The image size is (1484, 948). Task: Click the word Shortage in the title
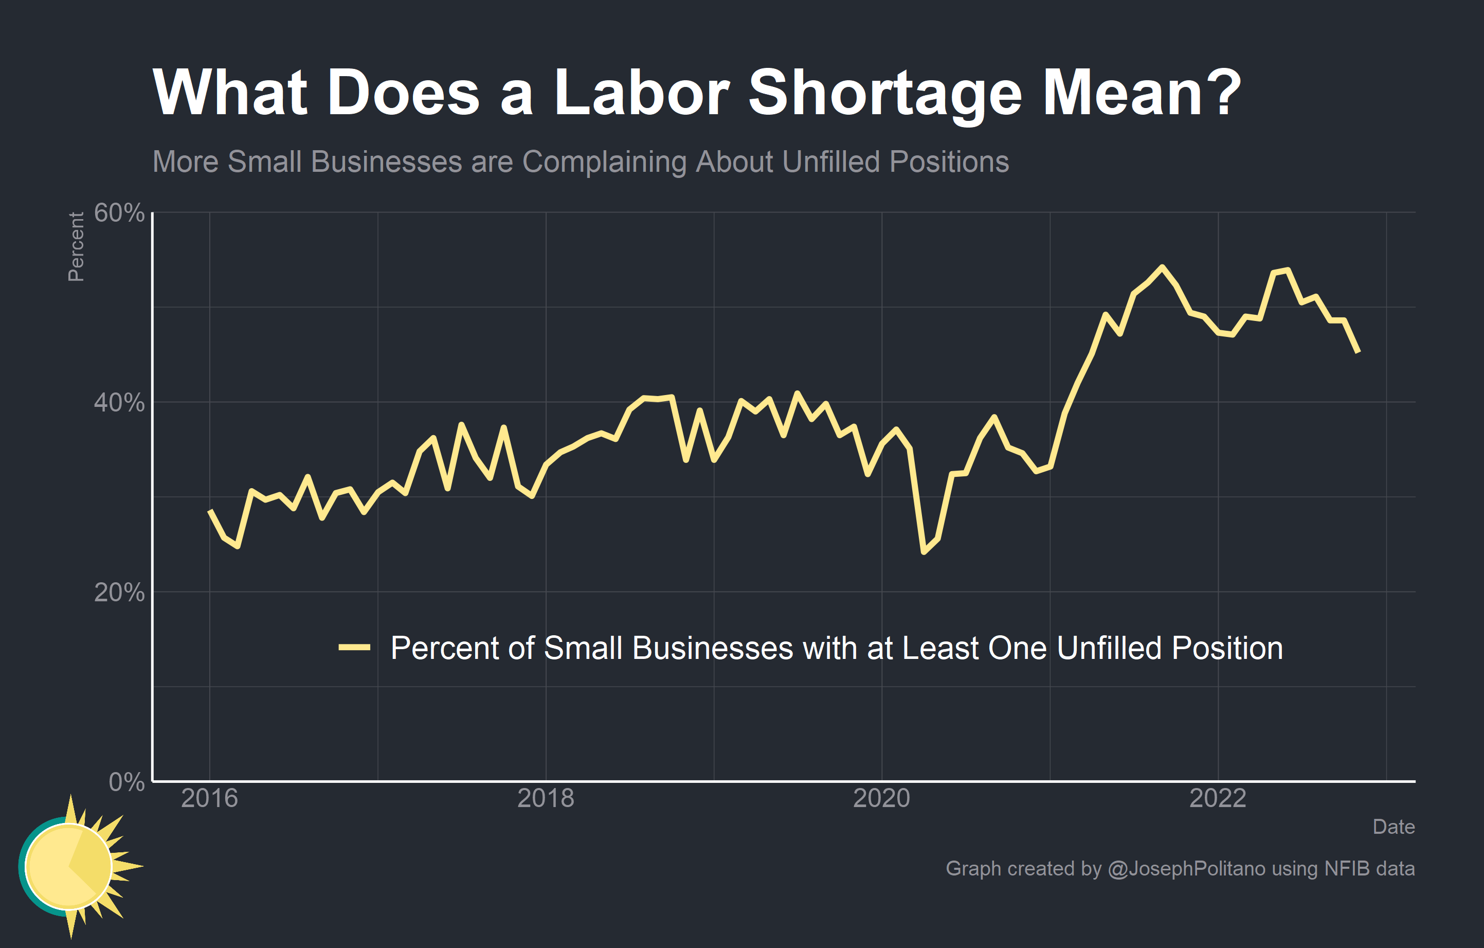[884, 93]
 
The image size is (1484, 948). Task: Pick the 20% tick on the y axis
[119, 593]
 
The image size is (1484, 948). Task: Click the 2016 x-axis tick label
[209, 798]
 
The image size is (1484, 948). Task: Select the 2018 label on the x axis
[546, 798]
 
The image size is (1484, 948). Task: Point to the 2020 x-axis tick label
[881, 798]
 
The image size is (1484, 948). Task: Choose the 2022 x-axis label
[1218, 798]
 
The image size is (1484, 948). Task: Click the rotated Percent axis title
[76, 246]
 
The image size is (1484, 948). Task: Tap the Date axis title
[1393, 827]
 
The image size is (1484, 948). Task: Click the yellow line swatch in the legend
[354, 647]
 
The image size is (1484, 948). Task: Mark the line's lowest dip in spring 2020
[924, 551]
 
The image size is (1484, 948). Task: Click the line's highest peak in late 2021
[1162, 267]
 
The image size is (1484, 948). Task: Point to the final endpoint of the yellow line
[1359, 352]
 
